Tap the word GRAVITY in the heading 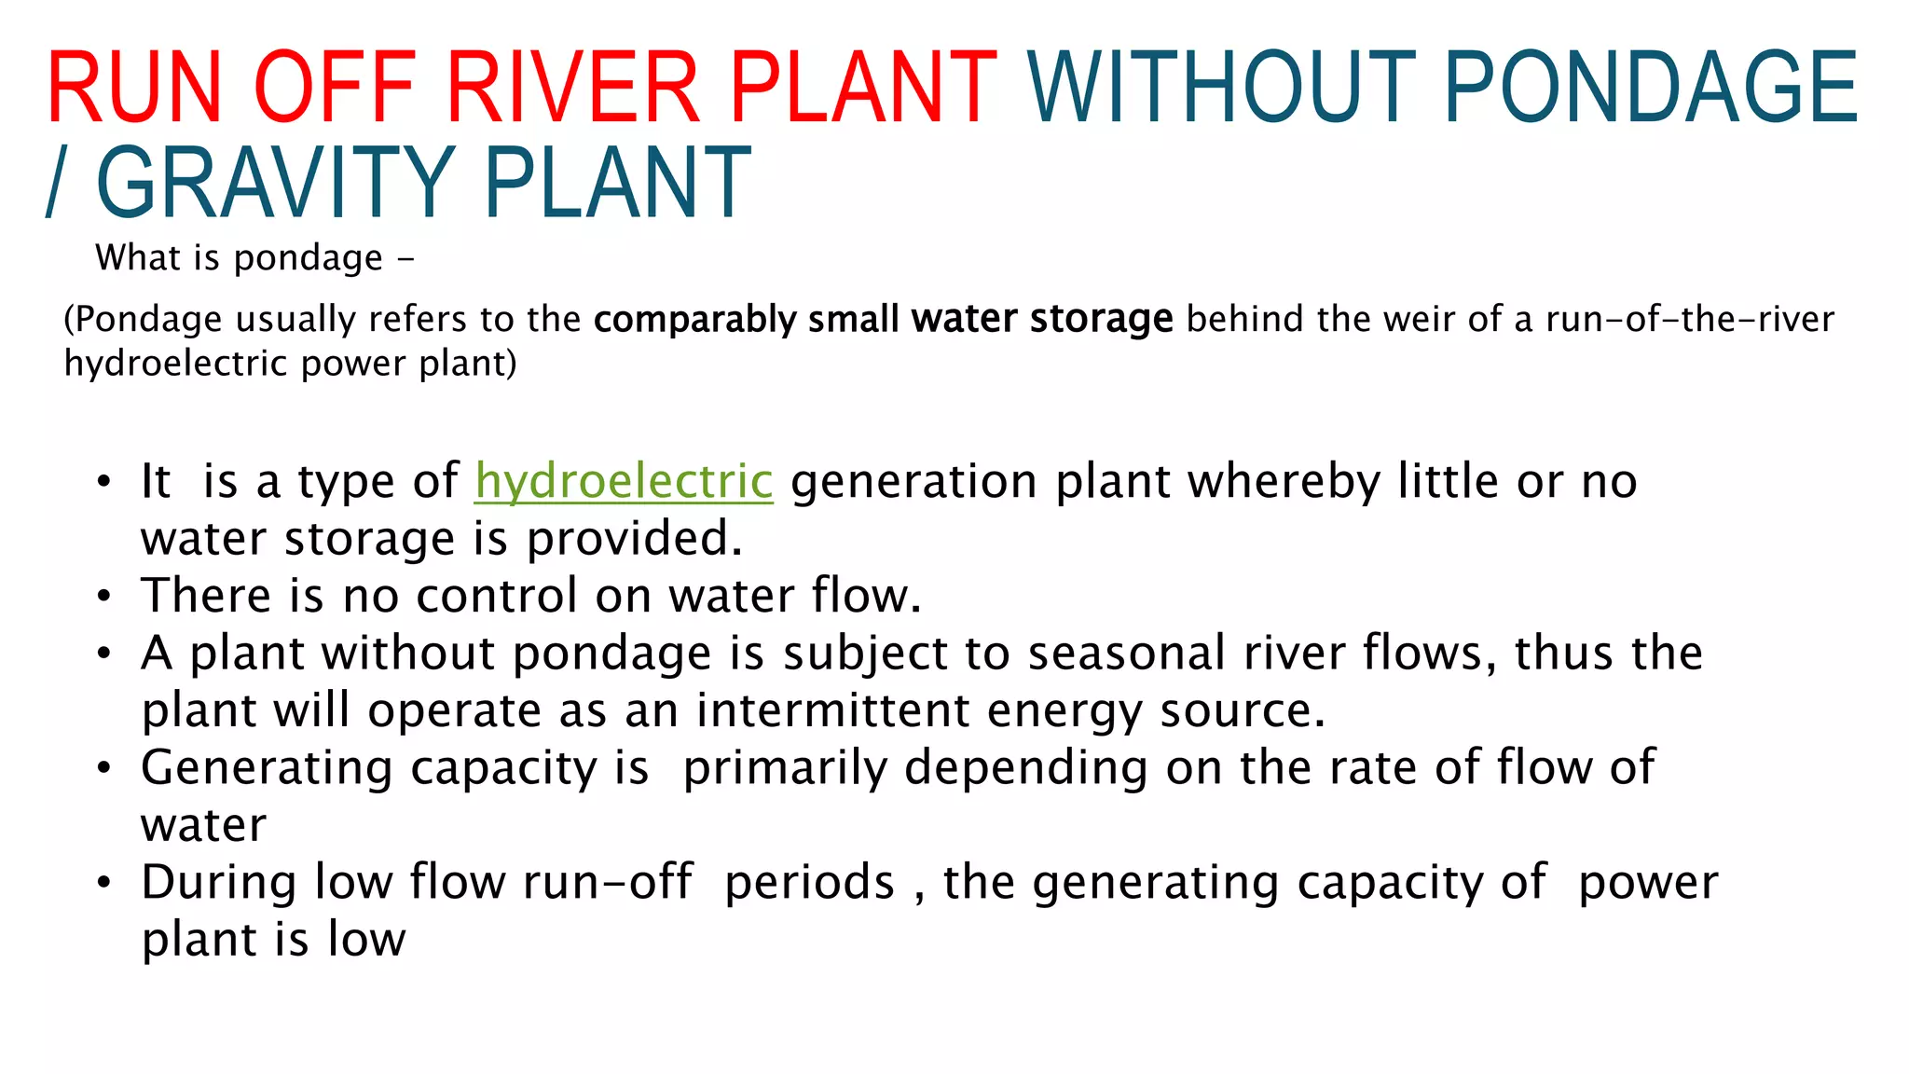click(274, 183)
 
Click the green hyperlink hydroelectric click(624, 481)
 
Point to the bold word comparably click(695, 320)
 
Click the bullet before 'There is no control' click(104, 596)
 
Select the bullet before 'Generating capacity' click(104, 767)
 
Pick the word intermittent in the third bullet click(833, 710)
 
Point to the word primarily click(785, 768)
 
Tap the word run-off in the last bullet click(607, 882)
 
